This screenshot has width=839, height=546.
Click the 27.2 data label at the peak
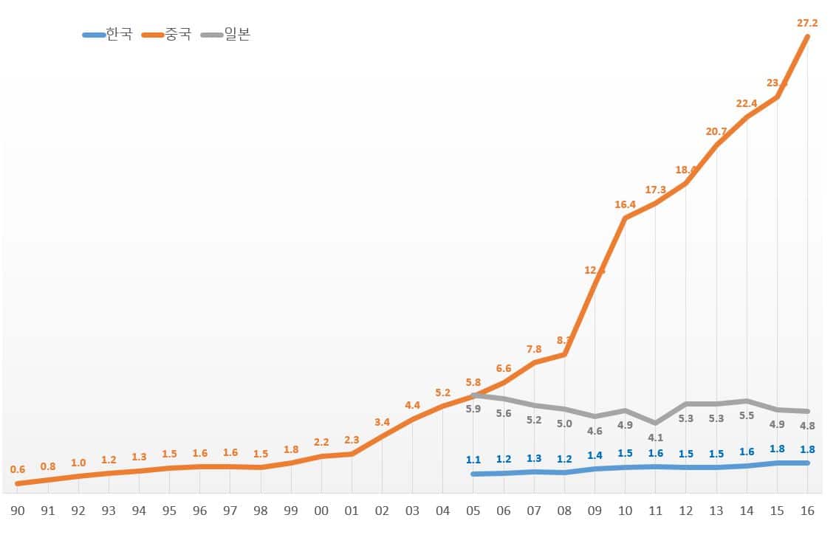tap(807, 24)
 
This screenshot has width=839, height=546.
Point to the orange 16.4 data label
tap(625, 204)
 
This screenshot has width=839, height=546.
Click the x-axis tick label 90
tap(18, 511)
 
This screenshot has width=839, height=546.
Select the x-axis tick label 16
tap(807, 511)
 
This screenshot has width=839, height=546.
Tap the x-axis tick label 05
tap(473, 511)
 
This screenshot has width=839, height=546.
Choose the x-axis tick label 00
tap(321, 511)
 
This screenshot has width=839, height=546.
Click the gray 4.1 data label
tap(655, 438)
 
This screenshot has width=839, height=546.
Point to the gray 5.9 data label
tap(473, 409)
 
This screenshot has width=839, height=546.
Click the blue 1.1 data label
tap(473, 460)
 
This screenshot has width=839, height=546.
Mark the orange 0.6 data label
tap(18, 469)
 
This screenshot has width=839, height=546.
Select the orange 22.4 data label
tap(747, 104)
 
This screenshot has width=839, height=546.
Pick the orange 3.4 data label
tap(382, 422)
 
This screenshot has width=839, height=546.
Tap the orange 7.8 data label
tap(534, 349)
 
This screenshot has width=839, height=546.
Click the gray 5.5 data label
tap(747, 416)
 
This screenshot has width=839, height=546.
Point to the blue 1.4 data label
tap(595, 455)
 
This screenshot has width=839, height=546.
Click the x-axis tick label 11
tap(655, 511)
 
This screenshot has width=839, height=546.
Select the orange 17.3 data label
tap(655, 190)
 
